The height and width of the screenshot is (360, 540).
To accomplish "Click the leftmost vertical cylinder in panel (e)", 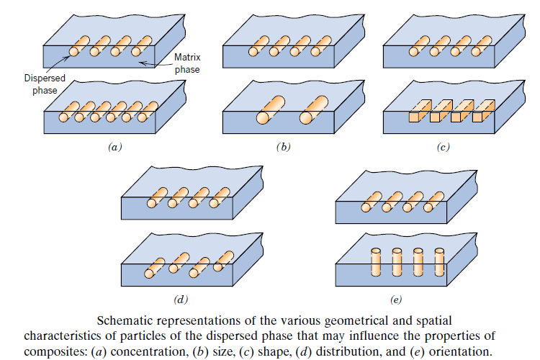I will pos(375,261).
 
